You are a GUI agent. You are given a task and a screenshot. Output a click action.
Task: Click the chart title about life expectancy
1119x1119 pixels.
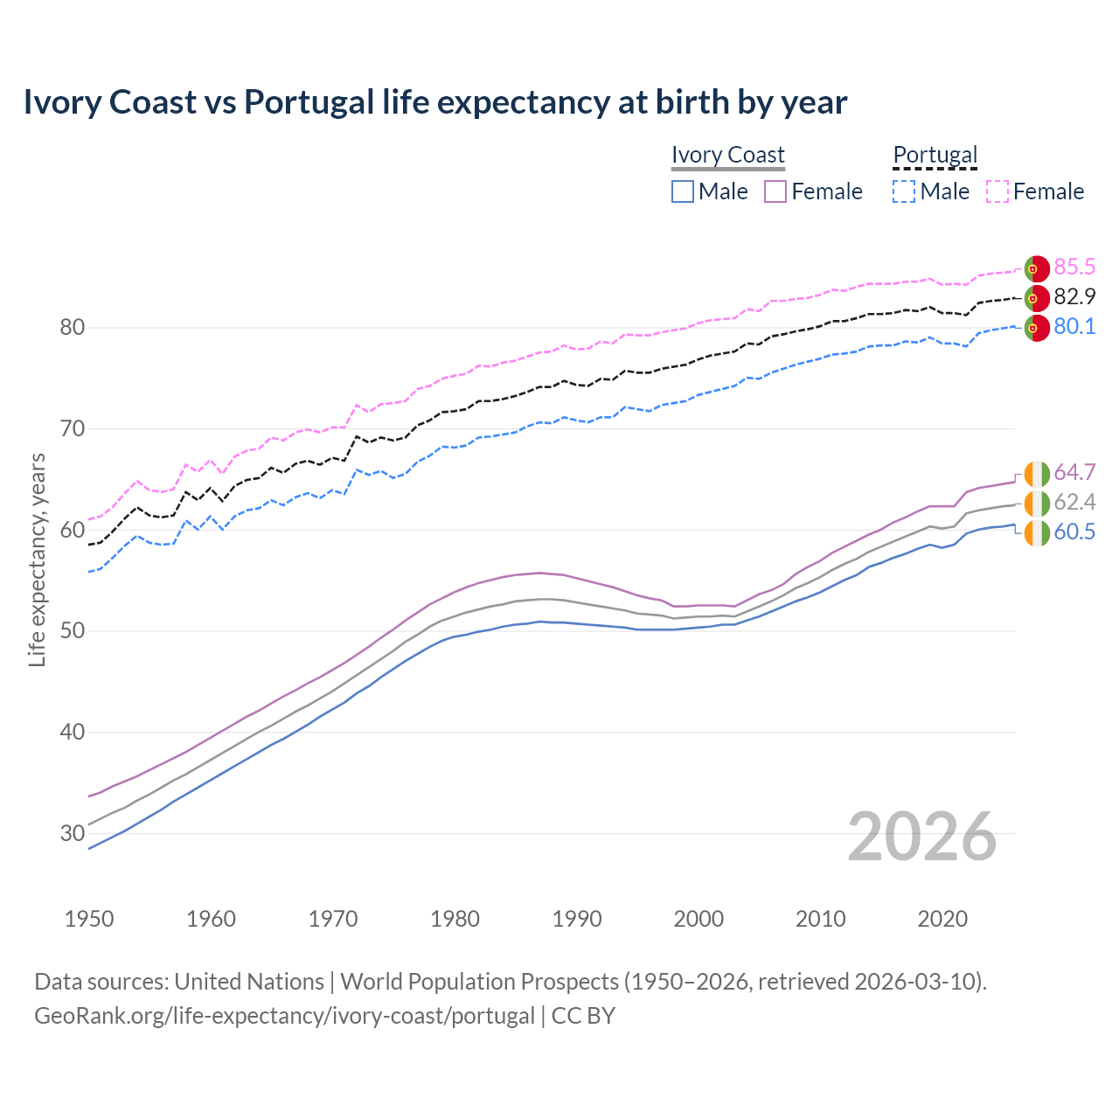pos(434,102)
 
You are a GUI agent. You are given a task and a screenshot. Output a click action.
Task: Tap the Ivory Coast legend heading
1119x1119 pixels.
pos(727,155)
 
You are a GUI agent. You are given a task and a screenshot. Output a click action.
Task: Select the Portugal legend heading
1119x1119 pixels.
pos(935,155)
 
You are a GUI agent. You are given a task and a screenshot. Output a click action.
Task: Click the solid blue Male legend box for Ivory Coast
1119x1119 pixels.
pos(683,191)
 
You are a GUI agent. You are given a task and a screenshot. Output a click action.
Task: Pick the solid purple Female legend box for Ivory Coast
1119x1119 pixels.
pos(775,191)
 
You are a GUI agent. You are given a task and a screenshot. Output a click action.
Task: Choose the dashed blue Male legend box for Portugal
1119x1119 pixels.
pos(904,191)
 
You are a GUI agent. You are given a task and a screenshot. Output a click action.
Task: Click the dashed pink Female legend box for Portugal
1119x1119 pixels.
pos(997,191)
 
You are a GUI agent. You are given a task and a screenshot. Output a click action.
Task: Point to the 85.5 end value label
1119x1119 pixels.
pos(1074,268)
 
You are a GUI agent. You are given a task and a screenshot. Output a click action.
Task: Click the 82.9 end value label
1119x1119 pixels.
pos(1074,297)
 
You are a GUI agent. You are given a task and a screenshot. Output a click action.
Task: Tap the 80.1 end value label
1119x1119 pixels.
pos(1074,327)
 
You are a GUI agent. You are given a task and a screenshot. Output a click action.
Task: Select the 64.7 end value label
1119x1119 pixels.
pos(1074,473)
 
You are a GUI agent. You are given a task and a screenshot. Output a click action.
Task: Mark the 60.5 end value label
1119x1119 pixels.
pos(1074,532)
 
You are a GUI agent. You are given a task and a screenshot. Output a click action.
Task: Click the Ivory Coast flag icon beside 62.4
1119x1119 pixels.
pos(1037,504)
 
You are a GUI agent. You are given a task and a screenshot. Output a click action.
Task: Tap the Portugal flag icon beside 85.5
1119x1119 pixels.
pos(1037,269)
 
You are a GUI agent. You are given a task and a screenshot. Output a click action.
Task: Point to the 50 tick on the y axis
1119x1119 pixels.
pos(73,631)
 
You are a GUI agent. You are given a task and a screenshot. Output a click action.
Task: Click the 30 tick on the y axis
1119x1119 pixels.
pos(73,833)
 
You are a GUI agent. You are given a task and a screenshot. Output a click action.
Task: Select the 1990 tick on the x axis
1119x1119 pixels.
pos(577,919)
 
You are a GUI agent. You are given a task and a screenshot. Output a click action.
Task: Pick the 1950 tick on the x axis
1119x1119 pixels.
pos(89,919)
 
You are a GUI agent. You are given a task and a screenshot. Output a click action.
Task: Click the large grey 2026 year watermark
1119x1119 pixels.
pos(921,838)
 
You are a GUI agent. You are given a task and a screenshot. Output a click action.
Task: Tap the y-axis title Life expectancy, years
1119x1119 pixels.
pos(38,559)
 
